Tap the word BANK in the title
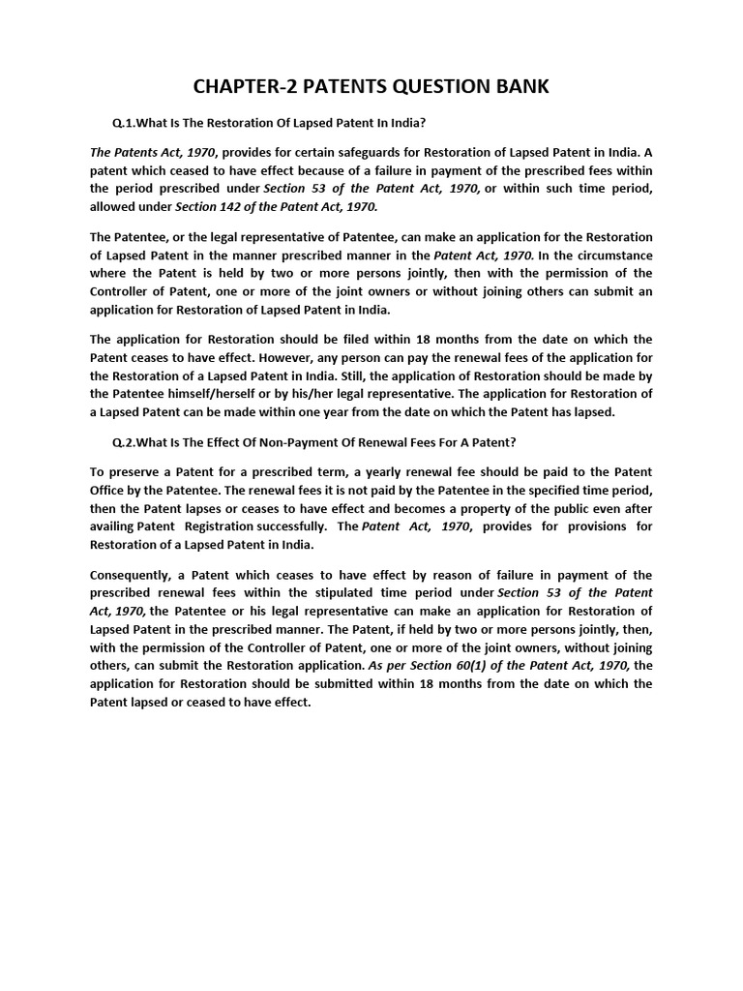521,87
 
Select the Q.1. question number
124,123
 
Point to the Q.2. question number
124,442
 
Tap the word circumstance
606,255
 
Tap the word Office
111,490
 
